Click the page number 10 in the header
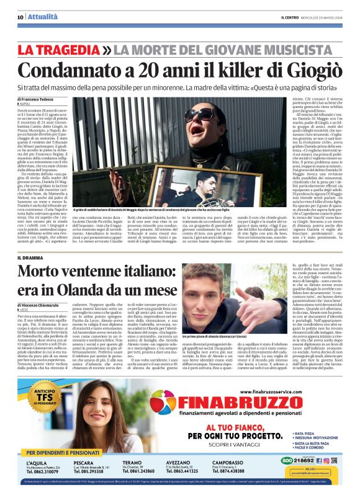(x=20, y=17)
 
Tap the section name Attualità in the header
(x=40, y=17)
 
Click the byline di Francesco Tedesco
(x=37, y=99)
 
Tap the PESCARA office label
(x=85, y=463)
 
